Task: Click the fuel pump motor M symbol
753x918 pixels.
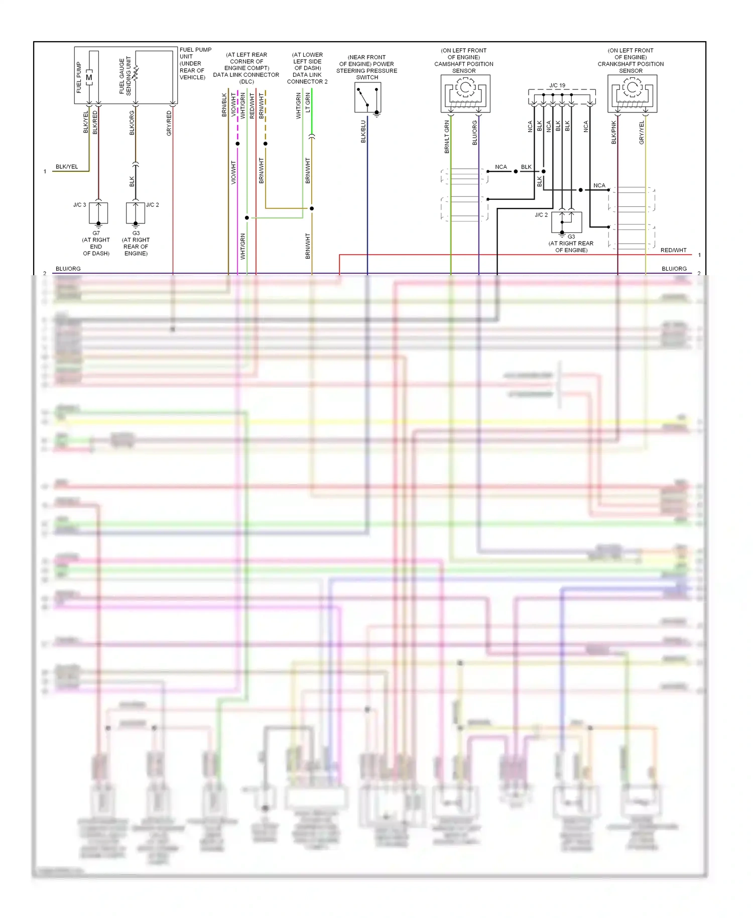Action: (89, 77)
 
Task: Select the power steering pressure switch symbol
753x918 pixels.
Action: (367, 97)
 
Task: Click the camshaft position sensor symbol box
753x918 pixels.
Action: (465, 93)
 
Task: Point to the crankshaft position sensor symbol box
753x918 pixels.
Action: (632, 93)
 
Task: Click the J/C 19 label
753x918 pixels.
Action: (557, 85)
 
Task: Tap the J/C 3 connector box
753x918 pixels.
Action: (98, 213)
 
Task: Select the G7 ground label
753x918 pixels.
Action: (96, 233)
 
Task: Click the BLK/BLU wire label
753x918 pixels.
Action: (363, 132)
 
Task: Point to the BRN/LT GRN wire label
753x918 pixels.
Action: (447, 137)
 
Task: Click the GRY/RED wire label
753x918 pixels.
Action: (169, 123)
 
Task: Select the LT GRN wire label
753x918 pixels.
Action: (308, 102)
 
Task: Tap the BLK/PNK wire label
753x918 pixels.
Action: (613, 133)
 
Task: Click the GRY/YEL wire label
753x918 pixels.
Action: (642, 133)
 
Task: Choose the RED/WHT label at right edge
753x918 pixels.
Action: (673, 250)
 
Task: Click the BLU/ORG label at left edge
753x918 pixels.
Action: (68, 269)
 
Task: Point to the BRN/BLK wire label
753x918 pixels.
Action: (224, 105)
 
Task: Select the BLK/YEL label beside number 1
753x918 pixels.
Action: (67, 167)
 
